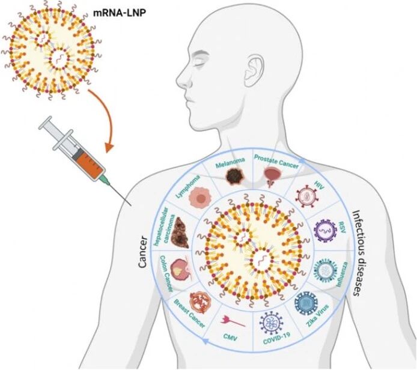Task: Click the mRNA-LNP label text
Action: pyautogui.click(x=120, y=13)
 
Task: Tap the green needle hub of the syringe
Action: pyautogui.click(x=105, y=180)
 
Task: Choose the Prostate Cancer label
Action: pyautogui.click(x=276, y=161)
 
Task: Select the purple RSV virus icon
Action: pyautogui.click(x=326, y=231)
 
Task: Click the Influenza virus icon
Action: pyautogui.click(x=326, y=270)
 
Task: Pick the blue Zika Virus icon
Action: pyautogui.click(x=306, y=303)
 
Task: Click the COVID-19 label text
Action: pyautogui.click(x=276, y=338)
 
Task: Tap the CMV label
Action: pyautogui.click(x=230, y=337)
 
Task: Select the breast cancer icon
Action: pyautogui.click(x=200, y=303)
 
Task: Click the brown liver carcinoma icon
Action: pyautogui.click(x=180, y=233)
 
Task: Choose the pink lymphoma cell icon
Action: pyautogui.click(x=200, y=198)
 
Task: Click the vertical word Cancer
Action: pyautogui.click(x=143, y=252)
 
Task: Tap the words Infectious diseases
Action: pyautogui.click(x=356, y=253)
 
